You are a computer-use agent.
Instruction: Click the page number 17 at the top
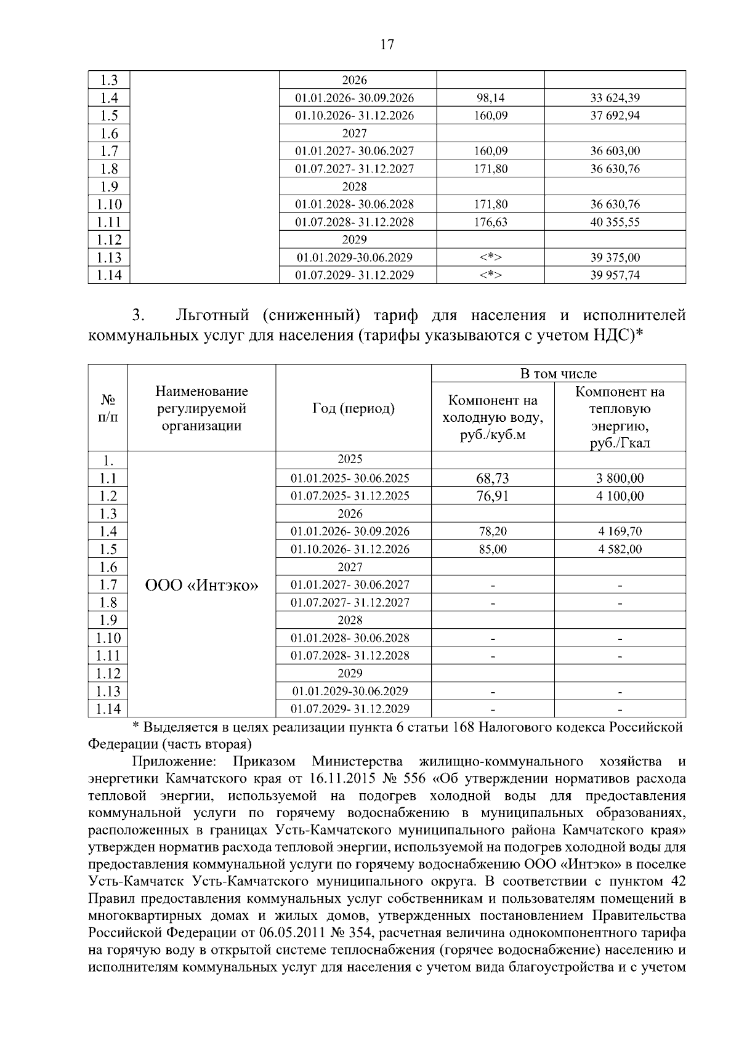[387, 44]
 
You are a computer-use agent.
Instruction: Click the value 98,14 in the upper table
[490, 98]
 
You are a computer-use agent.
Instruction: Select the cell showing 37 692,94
[615, 116]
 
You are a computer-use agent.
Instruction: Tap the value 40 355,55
[615, 222]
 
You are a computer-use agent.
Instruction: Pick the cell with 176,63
[490, 222]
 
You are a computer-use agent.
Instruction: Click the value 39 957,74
[615, 275]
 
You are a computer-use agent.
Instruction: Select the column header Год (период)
[353, 408]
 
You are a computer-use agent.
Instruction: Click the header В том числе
[558, 374]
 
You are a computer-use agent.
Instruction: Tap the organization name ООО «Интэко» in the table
[201, 585]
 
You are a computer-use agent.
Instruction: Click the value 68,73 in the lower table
[492, 478]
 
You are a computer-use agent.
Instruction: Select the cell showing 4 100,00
[620, 496]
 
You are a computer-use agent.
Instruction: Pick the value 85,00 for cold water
[492, 549]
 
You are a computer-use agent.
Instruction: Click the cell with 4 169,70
[620, 531]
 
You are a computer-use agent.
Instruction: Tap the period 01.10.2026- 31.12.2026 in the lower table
[350, 549]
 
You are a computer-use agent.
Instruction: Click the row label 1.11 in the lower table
[108, 656]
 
